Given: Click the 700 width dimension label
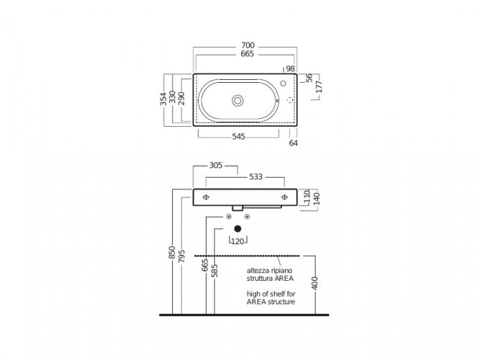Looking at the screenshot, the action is [x=248, y=45].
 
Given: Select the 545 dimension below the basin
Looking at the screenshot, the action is [x=238, y=136].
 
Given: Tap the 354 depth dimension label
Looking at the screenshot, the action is [x=164, y=99].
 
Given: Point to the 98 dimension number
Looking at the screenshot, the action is [x=290, y=68].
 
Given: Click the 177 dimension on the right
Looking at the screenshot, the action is [x=319, y=86].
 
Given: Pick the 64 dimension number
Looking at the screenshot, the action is [x=294, y=143].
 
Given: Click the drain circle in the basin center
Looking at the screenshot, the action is [x=237, y=101].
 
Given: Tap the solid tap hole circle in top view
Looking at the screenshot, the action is [x=283, y=83].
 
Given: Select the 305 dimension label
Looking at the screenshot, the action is [x=215, y=166].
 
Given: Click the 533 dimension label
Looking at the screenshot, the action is [x=255, y=177].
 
